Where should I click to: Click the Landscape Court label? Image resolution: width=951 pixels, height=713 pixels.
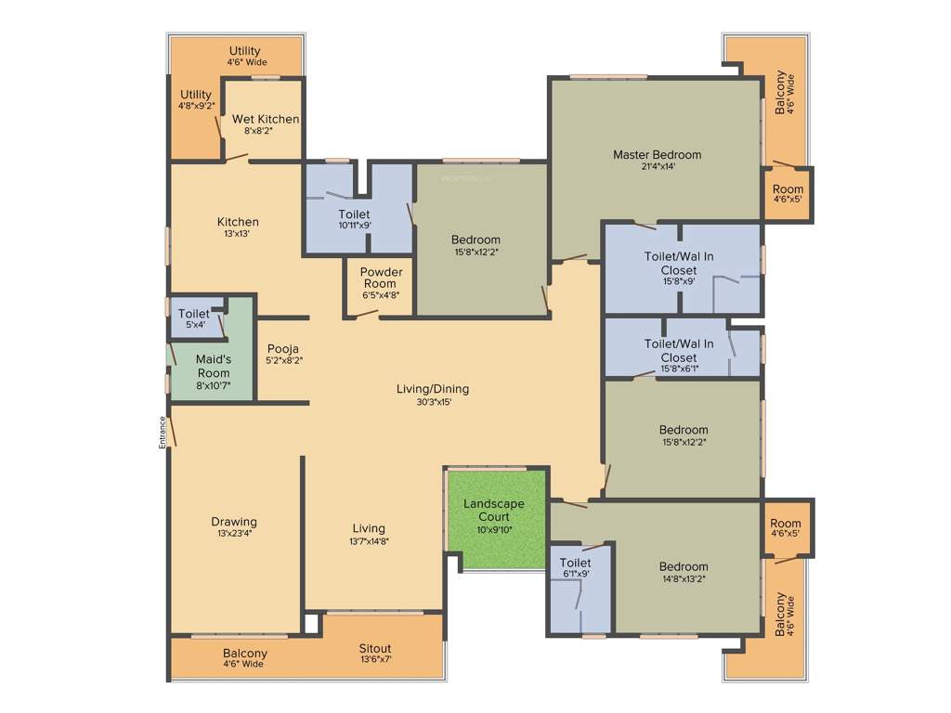click(494, 511)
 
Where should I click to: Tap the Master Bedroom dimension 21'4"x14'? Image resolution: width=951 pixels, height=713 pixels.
click(657, 167)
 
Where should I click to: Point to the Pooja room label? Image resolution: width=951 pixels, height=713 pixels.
click(283, 349)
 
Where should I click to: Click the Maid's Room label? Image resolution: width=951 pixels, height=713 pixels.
click(213, 365)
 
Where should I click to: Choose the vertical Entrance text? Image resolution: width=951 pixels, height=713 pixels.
click(163, 432)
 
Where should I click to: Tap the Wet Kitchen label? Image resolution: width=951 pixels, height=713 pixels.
click(266, 119)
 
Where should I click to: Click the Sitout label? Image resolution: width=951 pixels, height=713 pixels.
click(375, 648)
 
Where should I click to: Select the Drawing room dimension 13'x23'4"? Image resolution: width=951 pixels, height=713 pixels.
click(233, 534)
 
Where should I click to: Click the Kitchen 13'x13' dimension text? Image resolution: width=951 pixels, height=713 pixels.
click(238, 234)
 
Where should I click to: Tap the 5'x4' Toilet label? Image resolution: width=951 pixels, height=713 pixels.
click(194, 314)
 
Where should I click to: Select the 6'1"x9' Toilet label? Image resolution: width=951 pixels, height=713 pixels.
click(576, 563)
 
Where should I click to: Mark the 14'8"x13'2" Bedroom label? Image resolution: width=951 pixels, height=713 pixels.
click(684, 566)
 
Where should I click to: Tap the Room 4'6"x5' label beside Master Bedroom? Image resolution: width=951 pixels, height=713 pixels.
click(788, 189)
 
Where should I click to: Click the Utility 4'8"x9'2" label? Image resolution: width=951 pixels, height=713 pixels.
click(196, 95)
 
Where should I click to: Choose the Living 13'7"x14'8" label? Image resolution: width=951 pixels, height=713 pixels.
click(369, 529)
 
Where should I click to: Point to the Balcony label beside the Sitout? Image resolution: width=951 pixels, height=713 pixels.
click(244, 654)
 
